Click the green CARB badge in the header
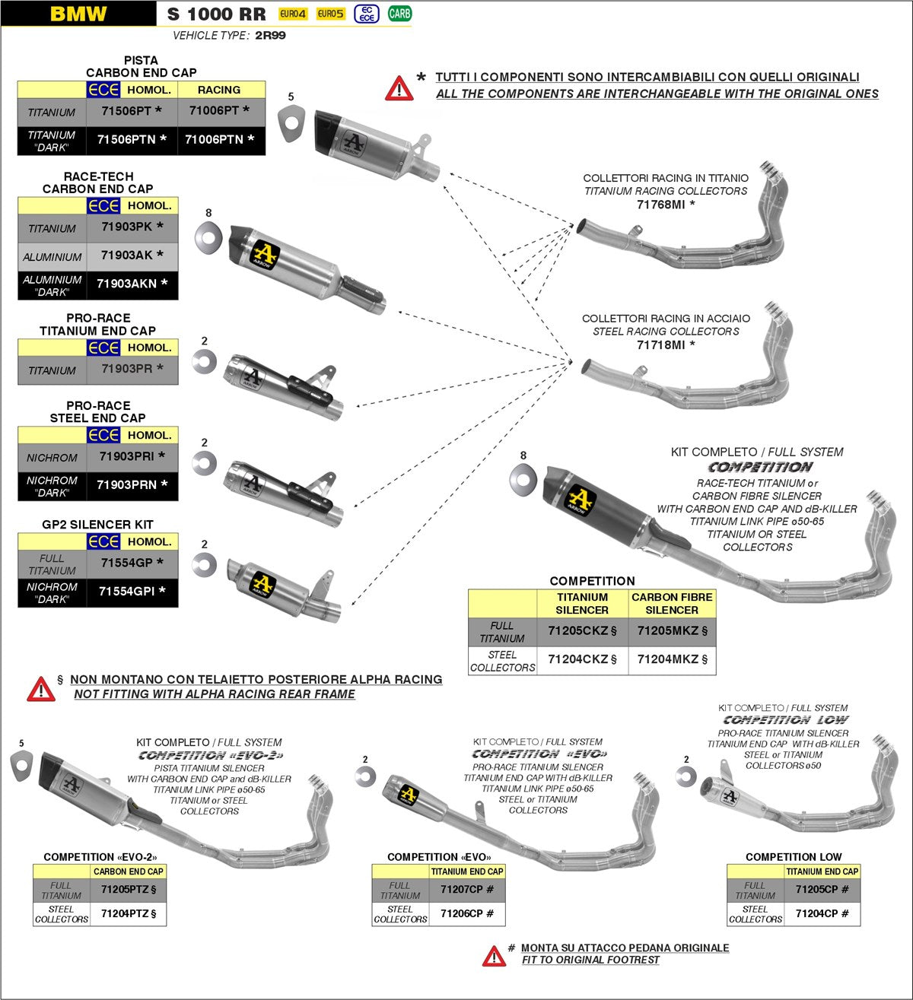(399, 14)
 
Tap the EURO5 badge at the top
(330, 14)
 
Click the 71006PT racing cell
(220, 111)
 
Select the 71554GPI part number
(132, 592)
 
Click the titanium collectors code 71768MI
(666, 205)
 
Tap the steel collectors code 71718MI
(666, 345)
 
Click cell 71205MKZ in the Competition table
(672, 630)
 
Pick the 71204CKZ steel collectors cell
(582, 659)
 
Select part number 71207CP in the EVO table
(467, 889)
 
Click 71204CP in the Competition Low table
(822, 913)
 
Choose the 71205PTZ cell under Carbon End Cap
(129, 889)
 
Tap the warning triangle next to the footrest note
(494, 956)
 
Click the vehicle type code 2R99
(270, 36)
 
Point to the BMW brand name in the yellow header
(78, 14)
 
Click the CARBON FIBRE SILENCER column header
(672, 604)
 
